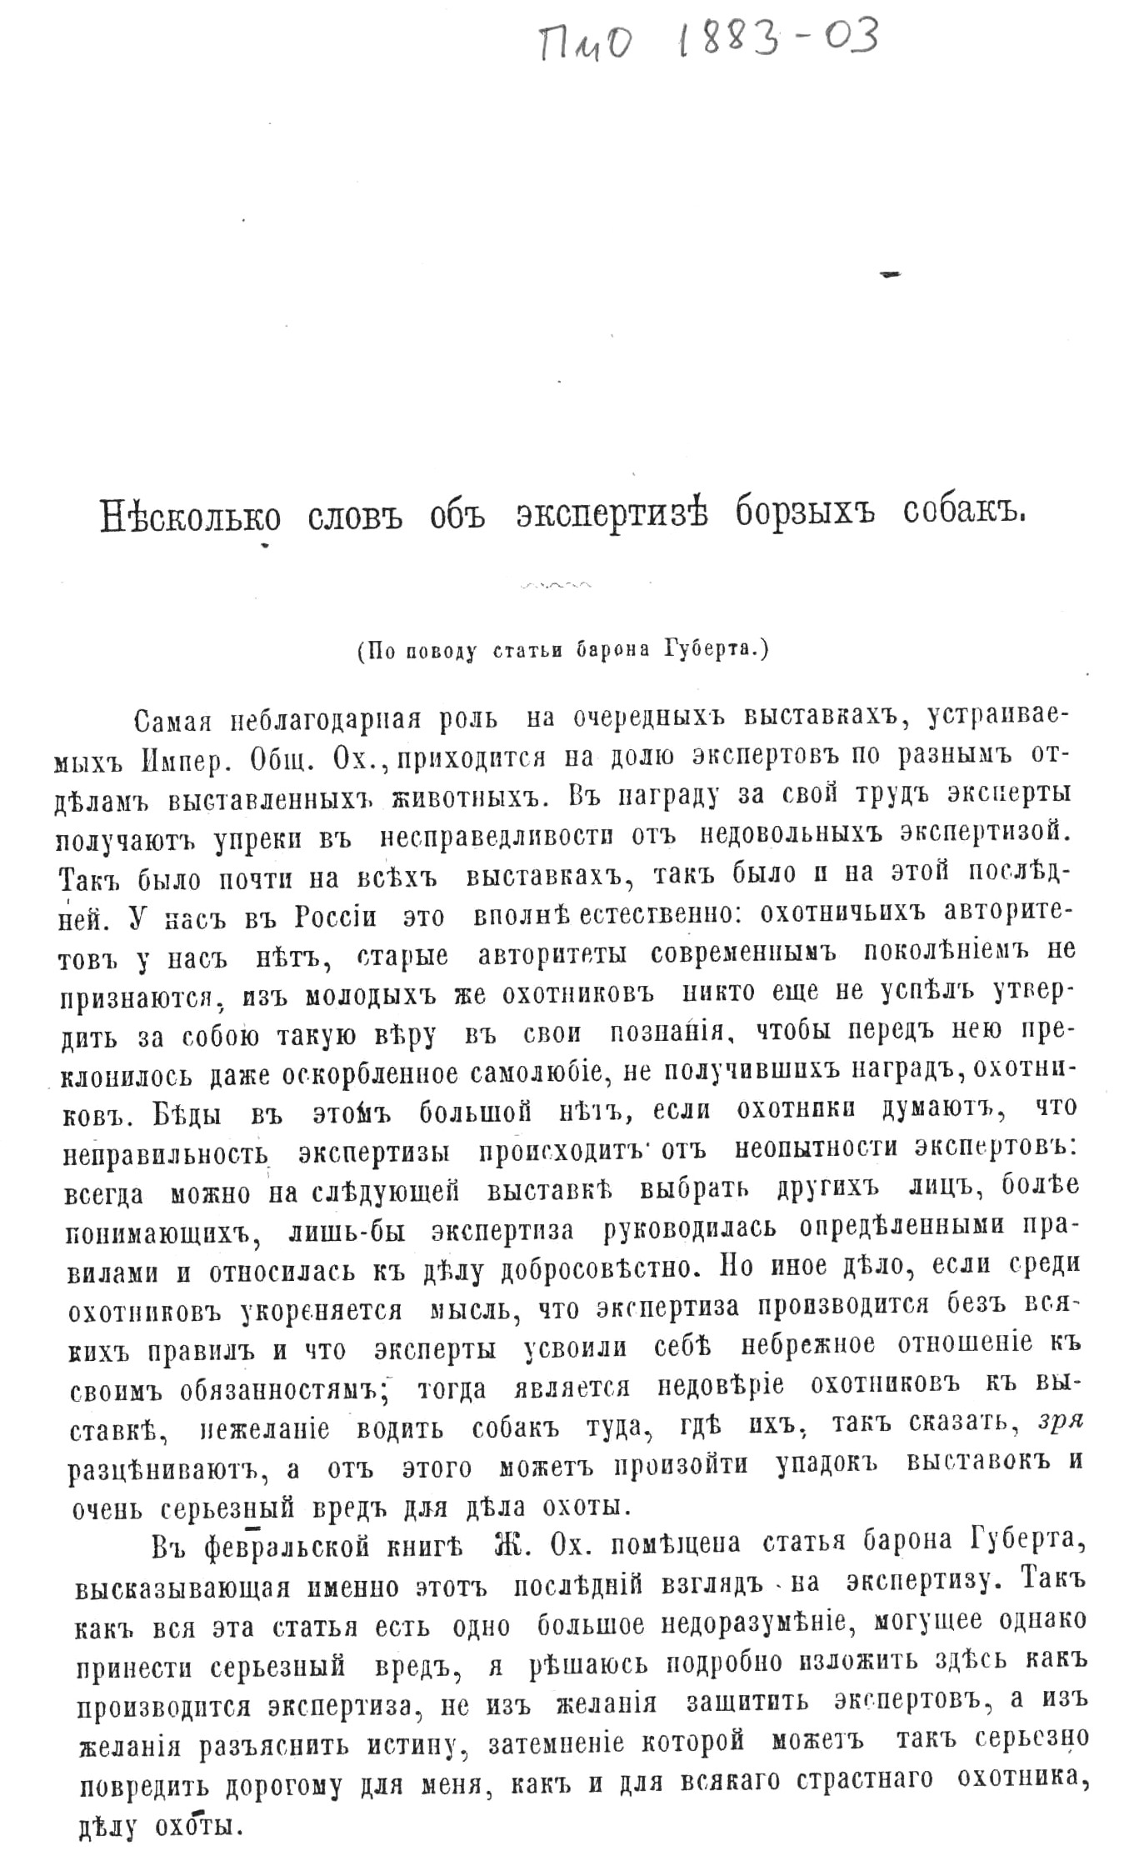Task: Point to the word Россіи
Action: (333, 917)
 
